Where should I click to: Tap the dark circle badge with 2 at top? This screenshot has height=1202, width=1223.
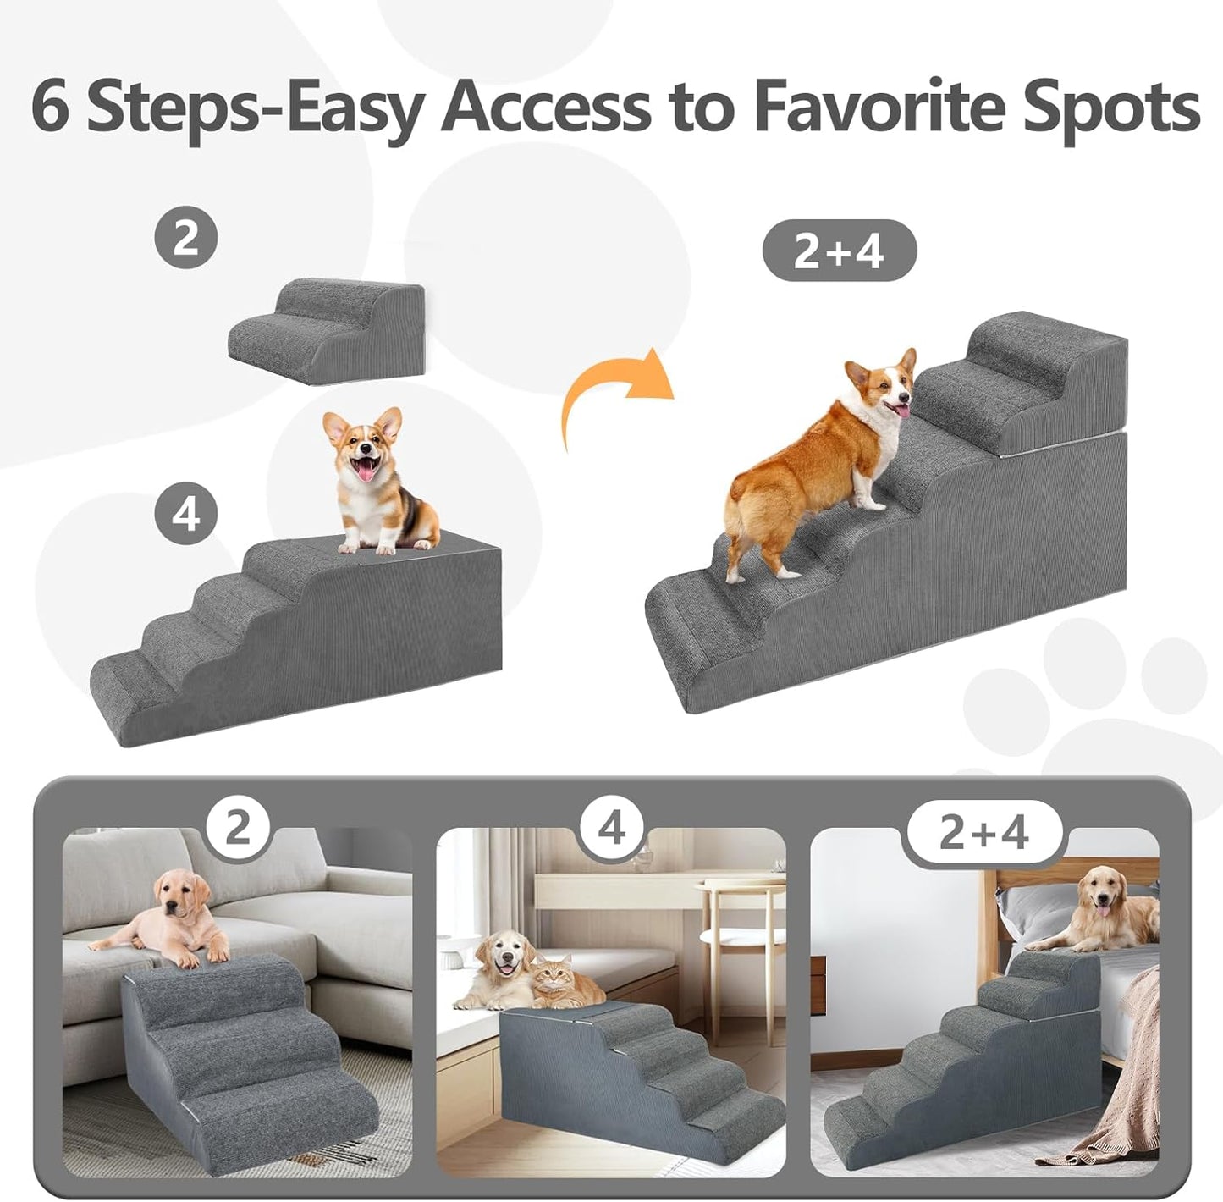(185, 238)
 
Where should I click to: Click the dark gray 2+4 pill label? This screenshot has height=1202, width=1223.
(839, 251)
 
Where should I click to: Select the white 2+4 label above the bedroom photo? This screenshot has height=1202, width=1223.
(983, 832)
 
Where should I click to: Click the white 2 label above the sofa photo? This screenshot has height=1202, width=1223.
(238, 827)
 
